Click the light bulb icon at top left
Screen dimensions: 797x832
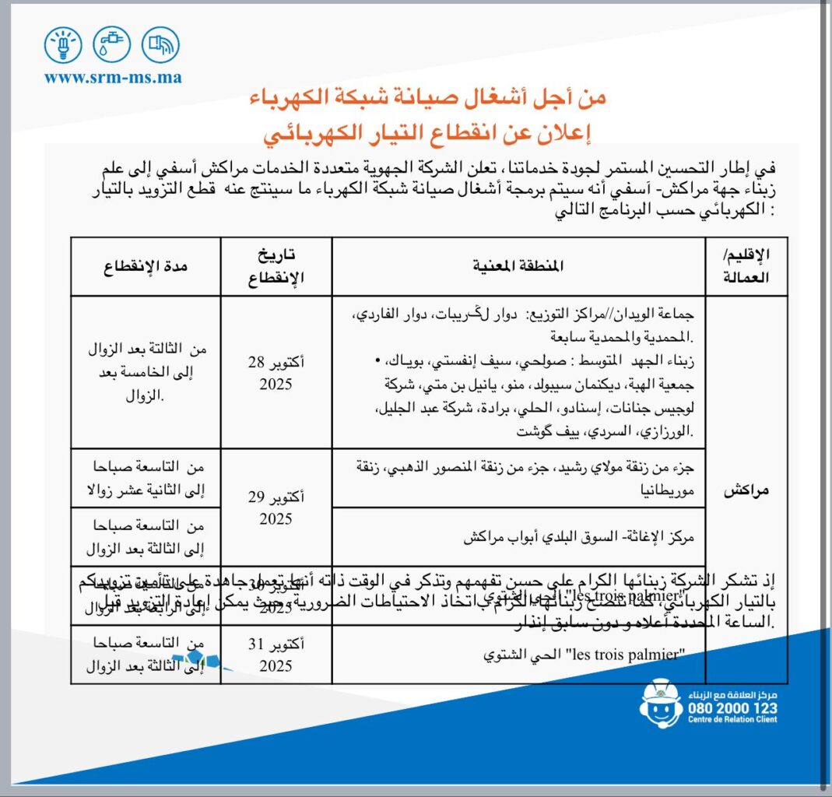click(64, 45)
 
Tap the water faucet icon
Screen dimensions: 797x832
click(112, 45)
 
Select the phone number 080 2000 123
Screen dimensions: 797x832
click(732, 707)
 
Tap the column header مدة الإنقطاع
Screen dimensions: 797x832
click(146, 266)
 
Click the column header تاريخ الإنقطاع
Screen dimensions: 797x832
click(276, 266)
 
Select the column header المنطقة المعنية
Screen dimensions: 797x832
click(518, 266)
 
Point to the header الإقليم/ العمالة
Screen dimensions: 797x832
click(746, 266)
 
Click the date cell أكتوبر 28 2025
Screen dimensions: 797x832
click(276, 372)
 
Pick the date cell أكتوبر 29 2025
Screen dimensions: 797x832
click(276, 507)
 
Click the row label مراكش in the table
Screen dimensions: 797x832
click(746, 491)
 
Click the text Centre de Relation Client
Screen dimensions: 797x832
click(732, 720)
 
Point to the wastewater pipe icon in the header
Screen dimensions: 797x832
click(160, 45)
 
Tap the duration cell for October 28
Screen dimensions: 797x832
click(146, 372)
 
